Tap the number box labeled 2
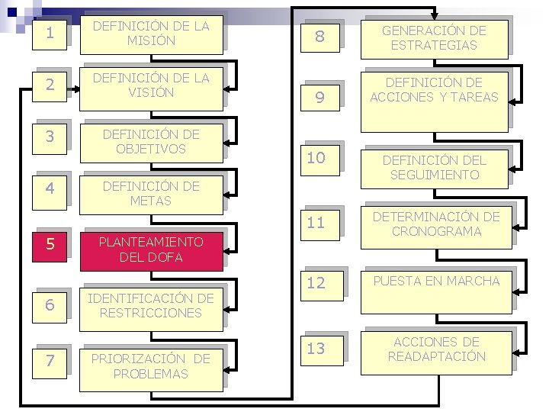(50, 85)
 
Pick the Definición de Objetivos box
(150, 142)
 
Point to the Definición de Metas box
(150, 194)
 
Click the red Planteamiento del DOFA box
(150, 249)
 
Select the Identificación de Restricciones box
(150, 305)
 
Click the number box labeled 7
(50, 361)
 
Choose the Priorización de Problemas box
(150, 367)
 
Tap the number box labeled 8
(320, 37)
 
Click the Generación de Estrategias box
(433, 38)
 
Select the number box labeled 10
(316, 158)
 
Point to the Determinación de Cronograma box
(437, 224)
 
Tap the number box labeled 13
(316, 349)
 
